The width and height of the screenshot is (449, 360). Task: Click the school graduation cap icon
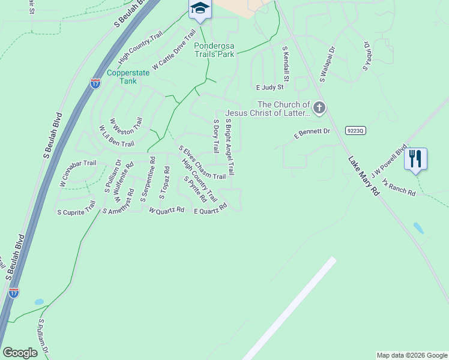coord(200,8)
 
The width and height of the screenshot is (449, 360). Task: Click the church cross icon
coord(319,108)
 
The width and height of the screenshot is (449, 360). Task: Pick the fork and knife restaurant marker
coord(415,159)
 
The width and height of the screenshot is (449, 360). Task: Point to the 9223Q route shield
coord(355,130)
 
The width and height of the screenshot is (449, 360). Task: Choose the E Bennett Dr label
coord(312,131)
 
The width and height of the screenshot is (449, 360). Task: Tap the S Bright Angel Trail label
coord(230,146)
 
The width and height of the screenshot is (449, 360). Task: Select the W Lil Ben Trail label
coord(116,136)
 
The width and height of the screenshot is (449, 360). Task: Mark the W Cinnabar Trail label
coord(77,173)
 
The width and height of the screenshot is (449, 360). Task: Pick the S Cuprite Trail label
coord(76,208)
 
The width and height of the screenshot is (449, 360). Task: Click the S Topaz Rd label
coord(164,182)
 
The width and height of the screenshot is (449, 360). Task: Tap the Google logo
coord(20,353)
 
